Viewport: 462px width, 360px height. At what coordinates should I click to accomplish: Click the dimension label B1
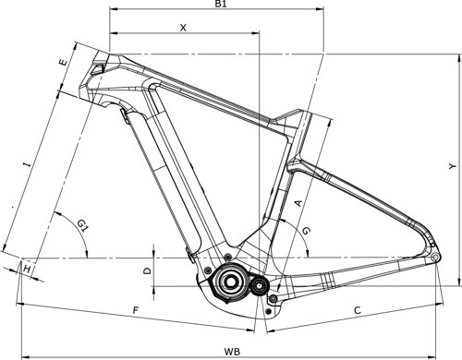[222, 6]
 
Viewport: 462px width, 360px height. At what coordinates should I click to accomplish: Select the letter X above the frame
[183, 29]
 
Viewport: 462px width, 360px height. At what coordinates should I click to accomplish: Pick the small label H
[28, 268]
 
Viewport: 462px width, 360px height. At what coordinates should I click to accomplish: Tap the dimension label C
[357, 310]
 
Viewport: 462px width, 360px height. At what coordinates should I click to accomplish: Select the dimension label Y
[450, 166]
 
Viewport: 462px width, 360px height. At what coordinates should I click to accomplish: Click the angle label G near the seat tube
[307, 229]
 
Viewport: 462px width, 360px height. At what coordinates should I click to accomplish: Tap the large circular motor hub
[229, 282]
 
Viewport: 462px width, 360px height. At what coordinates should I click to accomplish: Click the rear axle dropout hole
[434, 258]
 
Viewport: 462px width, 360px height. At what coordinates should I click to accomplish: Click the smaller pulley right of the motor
[260, 285]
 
